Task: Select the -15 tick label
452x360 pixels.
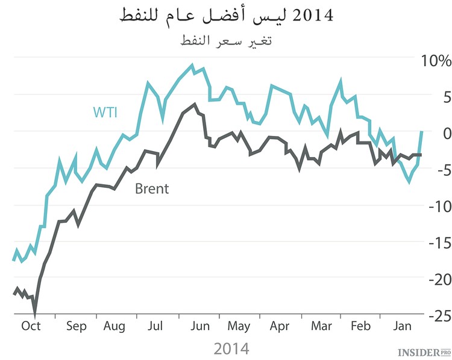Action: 432,242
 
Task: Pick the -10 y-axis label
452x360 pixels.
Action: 432,206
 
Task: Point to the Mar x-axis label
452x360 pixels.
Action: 322,326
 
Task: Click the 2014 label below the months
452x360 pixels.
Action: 231,348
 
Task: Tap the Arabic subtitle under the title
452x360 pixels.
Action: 227,42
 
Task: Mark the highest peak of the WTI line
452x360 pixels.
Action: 192,65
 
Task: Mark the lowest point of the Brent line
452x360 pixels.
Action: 35,314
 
